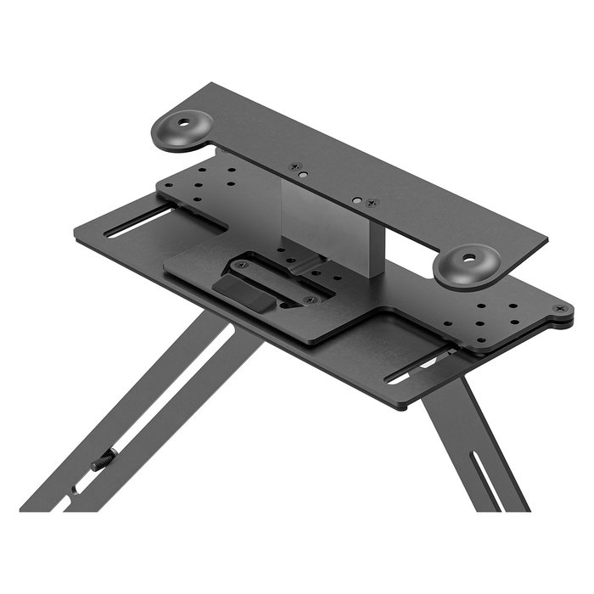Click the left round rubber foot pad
tap(182, 132)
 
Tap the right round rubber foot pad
tap(467, 263)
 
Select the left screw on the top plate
tap(295, 167)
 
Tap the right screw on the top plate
tap(372, 203)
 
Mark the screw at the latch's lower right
tap(307, 300)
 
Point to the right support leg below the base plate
tap(471, 450)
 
